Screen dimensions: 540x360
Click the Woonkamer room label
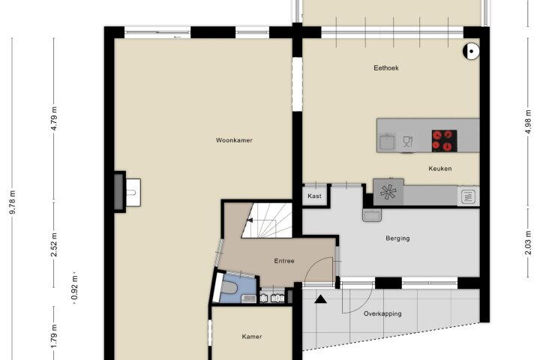[x=234, y=140]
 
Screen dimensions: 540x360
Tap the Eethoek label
[x=386, y=67]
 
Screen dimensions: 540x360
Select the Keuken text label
[x=439, y=169]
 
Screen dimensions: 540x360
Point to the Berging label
[x=397, y=238]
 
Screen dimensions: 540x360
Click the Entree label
[x=284, y=261]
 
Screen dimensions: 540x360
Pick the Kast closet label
[x=314, y=196]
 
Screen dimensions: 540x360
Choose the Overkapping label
[x=382, y=313]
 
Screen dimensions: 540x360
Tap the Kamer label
[x=252, y=337]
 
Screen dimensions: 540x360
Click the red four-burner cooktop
[x=444, y=141]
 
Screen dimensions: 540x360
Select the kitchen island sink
[x=388, y=142]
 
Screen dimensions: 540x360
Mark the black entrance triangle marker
[x=321, y=299]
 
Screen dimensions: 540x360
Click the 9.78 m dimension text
[x=13, y=202]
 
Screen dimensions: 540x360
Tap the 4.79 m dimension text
[x=54, y=118]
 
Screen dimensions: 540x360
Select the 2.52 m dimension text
[x=54, y=245]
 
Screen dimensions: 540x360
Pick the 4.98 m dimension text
[x=528, y=122]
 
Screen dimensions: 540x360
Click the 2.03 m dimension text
[x=528, y=243]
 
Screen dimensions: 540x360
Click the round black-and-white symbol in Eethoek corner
[x=471, y=51]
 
